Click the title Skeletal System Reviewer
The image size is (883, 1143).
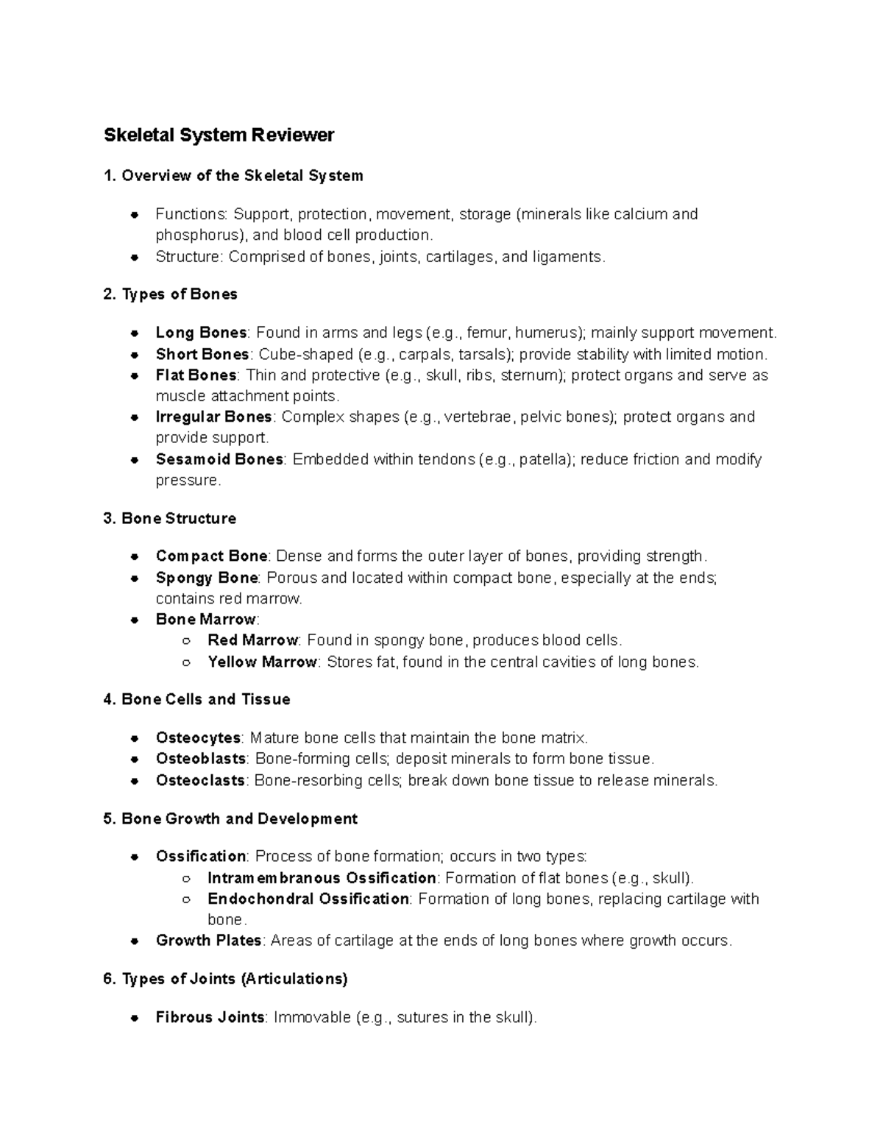219,135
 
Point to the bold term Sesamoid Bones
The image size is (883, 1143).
219,459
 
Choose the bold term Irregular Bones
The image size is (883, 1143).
213,417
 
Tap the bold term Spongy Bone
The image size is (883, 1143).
207,578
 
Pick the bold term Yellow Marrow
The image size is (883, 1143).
262,662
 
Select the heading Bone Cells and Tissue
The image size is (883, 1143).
205,700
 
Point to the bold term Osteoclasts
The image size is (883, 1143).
200,781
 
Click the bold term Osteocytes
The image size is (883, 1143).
198,738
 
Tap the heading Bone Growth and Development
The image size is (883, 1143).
239,819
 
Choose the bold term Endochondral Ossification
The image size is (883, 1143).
308,899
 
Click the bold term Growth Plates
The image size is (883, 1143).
208,941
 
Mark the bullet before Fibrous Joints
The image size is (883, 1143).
135,1019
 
